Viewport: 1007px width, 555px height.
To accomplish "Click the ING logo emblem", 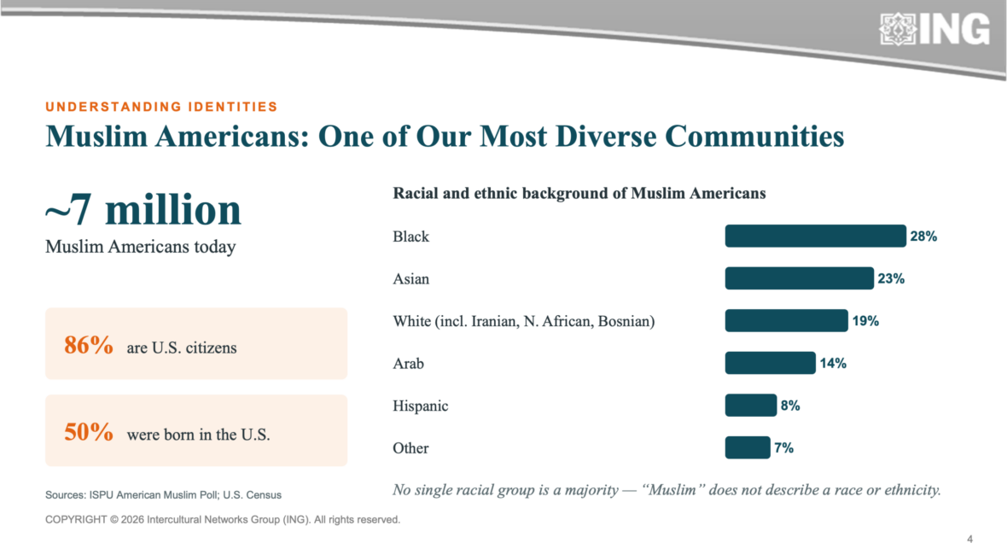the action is (898, 30).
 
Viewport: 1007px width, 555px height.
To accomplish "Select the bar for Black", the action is (816, 236).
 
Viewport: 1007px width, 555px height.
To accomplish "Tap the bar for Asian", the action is (800, 278).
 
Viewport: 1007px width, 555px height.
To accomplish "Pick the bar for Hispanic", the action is (751, 406).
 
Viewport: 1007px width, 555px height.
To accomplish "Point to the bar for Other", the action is (748, 447).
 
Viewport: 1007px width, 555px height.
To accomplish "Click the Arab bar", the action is (770, 363).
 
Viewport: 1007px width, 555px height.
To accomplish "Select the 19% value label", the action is (865, 321).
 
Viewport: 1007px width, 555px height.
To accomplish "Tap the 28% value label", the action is (923, 237).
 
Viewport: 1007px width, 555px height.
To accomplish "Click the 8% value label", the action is (790, 406).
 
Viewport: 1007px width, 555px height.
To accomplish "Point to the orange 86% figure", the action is (89, 345).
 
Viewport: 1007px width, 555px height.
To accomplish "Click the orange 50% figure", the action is (89, 432).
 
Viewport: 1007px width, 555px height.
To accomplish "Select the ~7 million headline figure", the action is (143, 209).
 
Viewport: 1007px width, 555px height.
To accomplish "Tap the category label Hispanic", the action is (421, 406).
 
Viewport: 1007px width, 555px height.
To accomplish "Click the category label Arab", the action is (409, 364).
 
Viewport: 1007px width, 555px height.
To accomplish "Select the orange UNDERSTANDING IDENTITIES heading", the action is (161, 107).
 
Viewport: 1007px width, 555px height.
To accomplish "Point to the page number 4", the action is (969, 539).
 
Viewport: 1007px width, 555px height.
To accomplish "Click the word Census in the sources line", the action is (264, 495).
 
